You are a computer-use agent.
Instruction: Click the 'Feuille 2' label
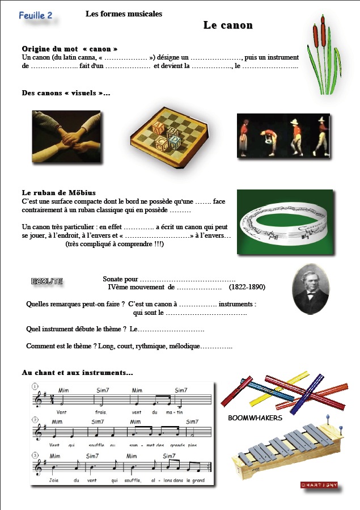click(35, 15)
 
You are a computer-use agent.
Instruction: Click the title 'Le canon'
click(228, 26)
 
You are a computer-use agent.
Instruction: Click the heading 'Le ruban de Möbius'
click(58, 193)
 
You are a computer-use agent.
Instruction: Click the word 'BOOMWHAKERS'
click(255, 418)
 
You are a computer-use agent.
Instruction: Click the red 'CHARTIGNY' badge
click(319, 485)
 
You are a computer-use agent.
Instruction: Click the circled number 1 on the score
click(35, 387)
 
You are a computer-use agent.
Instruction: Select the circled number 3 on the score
click(35, 455)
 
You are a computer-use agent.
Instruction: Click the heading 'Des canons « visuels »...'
click(66, 93)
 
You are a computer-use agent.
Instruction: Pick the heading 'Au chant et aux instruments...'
click(78, 373)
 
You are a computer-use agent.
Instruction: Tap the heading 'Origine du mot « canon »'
click(70, 49)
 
